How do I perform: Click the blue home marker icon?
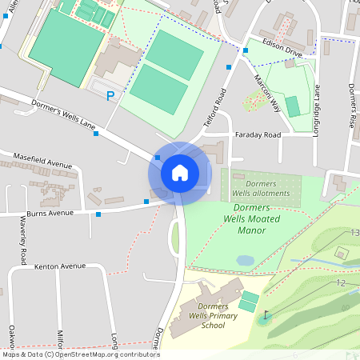[x=179, y=172]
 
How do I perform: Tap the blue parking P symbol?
[x=110, y=96]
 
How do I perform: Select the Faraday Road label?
[x=258, y=135]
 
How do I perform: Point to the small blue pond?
[x=246, y=261]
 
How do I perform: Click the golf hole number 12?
[x=341, y=282]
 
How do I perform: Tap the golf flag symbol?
[x=265, y=316]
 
